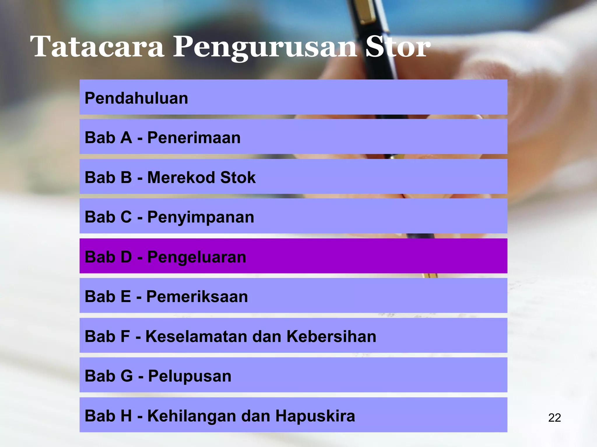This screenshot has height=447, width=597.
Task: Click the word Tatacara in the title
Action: tap(97, 47)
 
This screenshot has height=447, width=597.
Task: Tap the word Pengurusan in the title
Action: tap(265, 47)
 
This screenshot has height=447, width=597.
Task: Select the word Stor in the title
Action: tap(398, 47)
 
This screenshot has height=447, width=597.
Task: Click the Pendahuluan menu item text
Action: tap(136, 98)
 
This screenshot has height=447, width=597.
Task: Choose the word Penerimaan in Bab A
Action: tap(194, 138)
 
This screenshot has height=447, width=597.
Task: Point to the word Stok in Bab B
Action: tap(238, 178)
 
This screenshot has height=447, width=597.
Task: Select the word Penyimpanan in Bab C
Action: tap(201, 217)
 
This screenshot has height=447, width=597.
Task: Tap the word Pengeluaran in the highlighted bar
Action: tap(196, 257)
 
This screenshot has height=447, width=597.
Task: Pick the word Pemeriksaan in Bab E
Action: tap(197, 297)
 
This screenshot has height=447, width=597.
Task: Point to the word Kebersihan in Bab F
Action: tap(331, 336)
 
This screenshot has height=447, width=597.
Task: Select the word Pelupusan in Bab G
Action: tap(190, 376)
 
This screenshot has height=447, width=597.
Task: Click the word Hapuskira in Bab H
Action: tap(315, 416)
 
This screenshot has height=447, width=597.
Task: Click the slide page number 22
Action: tap(554, 418)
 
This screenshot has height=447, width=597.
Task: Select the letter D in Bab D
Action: tap(126, 257)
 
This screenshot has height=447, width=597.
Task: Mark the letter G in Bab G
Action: tap(127, 376)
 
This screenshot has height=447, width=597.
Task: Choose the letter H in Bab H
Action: tap(126, 416)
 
